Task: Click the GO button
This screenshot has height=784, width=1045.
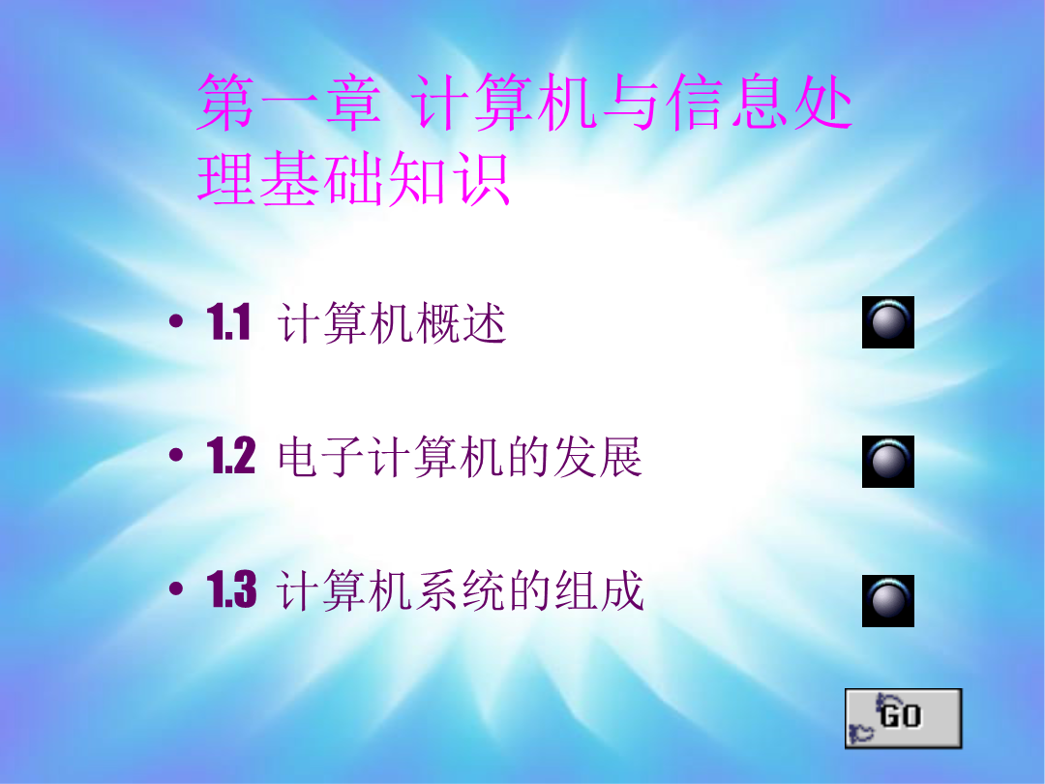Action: point(903,718)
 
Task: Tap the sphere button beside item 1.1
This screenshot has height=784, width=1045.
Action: point(887,322)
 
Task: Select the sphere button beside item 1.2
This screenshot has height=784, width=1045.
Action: point(887,462)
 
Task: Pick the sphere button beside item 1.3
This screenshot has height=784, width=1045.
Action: point(887,601)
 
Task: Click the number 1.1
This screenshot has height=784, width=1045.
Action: point(228,322)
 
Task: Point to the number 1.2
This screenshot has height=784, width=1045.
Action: point(230,456)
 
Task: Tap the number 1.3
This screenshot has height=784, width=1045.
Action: point(231,589)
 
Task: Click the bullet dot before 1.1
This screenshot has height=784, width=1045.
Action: point(176,322)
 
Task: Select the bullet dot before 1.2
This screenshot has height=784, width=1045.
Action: point(176,455)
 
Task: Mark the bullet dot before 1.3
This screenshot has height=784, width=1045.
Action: point(176,588)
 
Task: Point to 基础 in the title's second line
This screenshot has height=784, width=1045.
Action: point(322,178)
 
